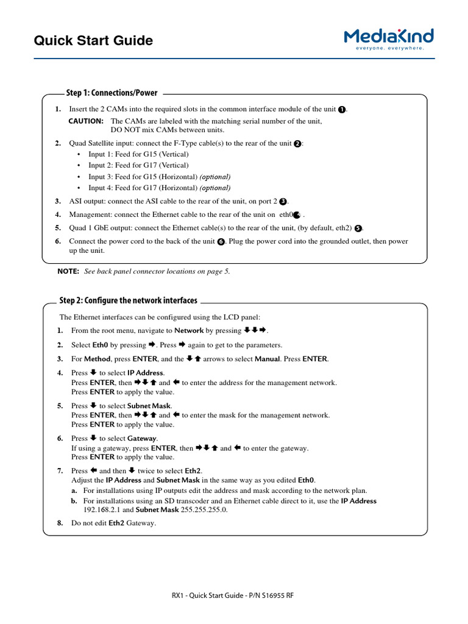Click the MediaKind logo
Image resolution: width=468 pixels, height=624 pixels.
(x=388, y=39)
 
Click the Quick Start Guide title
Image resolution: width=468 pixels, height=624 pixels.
(x=93, y=41)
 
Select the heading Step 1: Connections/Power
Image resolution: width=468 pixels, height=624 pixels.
(x=112, y=93)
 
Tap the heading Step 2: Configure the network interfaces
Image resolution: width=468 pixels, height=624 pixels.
(x=128, y=300)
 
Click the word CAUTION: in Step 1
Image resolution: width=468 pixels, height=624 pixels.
(x=86, y=121)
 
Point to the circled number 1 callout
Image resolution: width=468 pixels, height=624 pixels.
(x=342, y=110)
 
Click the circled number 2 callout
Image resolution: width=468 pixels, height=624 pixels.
(x=297, y=144)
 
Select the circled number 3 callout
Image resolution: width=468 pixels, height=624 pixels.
(x=283, y=202)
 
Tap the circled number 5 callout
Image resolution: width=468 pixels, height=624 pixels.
(x=358, y=229)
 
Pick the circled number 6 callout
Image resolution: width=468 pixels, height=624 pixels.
(x=221, y=242)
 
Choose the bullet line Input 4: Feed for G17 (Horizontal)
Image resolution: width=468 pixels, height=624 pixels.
(x=159, y=188)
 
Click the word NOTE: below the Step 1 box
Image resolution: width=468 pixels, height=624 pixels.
(x=68, y=271)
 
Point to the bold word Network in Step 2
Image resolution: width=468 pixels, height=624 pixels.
(x=189, y=331)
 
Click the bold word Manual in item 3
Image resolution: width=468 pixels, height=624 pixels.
(x=267, y=359)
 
